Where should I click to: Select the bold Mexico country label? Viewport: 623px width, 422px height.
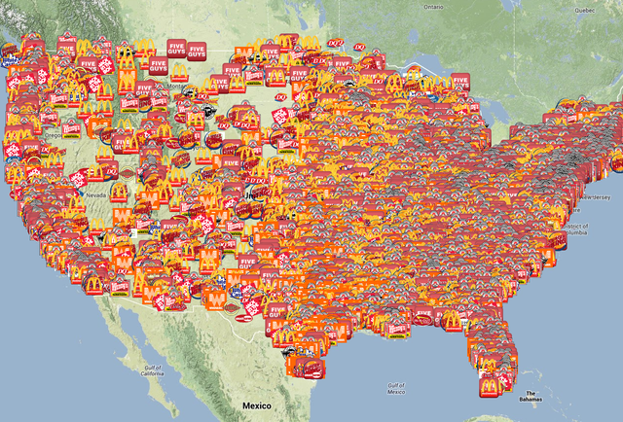[x=259, y=404]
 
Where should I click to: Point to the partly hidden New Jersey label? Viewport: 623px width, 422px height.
[x=592, y=197]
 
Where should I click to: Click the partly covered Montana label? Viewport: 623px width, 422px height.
[x=177, y=86]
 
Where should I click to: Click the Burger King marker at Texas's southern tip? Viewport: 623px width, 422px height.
[x=309, y=369]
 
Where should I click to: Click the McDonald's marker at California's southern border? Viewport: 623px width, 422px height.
[x=93, y=284]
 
